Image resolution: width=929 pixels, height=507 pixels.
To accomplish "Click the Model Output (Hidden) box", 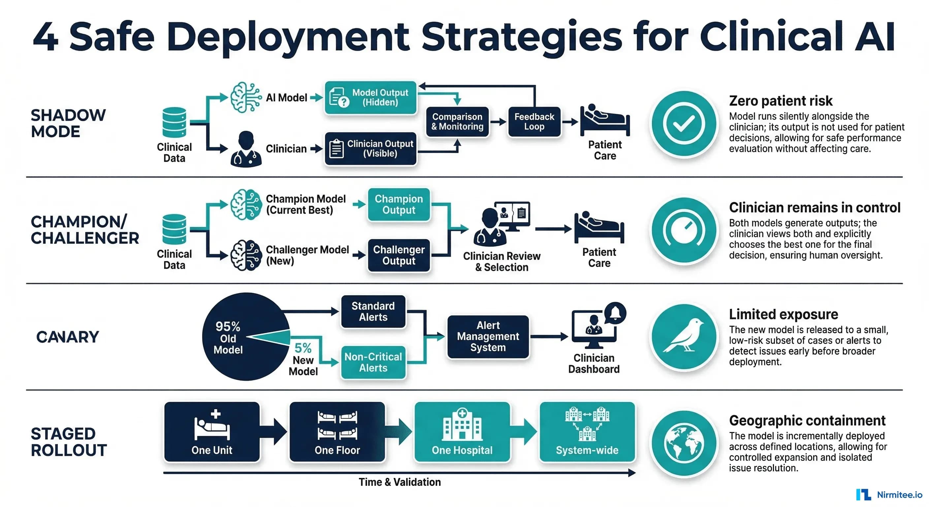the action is click(370, 98).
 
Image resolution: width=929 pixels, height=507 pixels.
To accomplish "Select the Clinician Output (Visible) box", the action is click(370, 149).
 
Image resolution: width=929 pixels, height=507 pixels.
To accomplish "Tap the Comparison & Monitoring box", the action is click(457, 121).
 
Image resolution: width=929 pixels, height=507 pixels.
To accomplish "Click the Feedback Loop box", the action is click(534, 121).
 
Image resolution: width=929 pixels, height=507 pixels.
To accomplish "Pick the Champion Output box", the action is click(399, 204).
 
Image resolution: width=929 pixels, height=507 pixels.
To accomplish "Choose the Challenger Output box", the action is click(399, 255).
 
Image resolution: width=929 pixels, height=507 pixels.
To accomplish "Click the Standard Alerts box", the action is click(373, 311).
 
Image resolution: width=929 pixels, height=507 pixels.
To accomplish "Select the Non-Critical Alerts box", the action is click(373, 362).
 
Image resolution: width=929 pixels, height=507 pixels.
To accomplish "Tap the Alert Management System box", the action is click(488, 337).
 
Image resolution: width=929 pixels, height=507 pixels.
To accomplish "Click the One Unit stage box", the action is click(212, 432).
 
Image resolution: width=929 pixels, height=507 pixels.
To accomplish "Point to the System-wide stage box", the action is click(587, 432).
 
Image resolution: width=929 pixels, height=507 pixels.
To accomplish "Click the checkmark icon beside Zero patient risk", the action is click(684, 123).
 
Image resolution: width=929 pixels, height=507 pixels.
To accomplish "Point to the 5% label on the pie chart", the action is click(303, 348).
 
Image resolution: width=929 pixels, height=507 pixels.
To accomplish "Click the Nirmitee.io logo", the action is click(889, 495).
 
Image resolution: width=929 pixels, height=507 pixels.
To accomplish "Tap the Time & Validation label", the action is click(400, 482).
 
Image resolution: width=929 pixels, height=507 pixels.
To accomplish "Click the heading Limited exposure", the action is click(783, 314).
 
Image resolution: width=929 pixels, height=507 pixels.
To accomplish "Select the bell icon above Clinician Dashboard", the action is click(615, 313).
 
